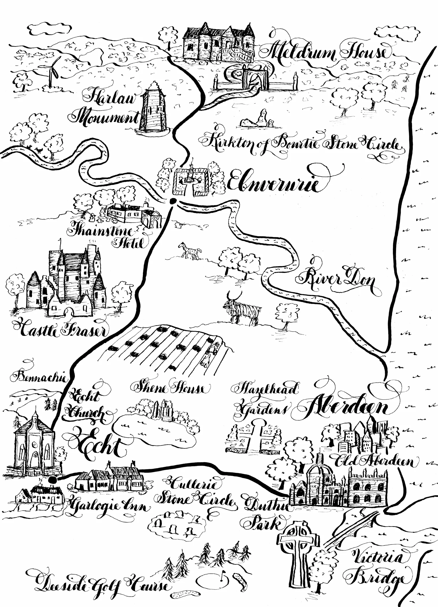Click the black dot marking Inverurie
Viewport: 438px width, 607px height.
pos(173,201)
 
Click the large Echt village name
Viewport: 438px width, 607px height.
pos(98,447)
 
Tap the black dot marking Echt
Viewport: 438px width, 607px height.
pos(53,480)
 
